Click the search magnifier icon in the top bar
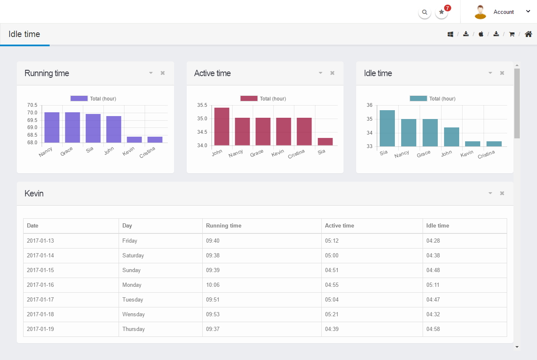coord(425,12)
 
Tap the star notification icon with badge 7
coord(442,12)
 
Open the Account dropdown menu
coord(504,12)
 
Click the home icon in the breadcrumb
coord(529,34)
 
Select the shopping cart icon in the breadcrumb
coord(512,34)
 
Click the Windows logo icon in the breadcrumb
coord(450,34)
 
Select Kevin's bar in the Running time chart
coord(134,140)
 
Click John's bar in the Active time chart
coord(222,127)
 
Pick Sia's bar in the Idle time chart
coord(387,128)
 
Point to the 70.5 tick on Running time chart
coord(32,105)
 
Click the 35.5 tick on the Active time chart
coord(202,105)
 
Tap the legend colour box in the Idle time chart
coord(418,98)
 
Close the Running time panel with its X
coord(163,73)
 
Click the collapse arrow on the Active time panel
coord(320,73)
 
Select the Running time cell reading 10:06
coord(213,285)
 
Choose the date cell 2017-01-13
coord(40,241)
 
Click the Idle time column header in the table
coord(438,225)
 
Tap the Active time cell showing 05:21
coord(332,314)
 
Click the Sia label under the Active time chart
coord(322,152)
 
